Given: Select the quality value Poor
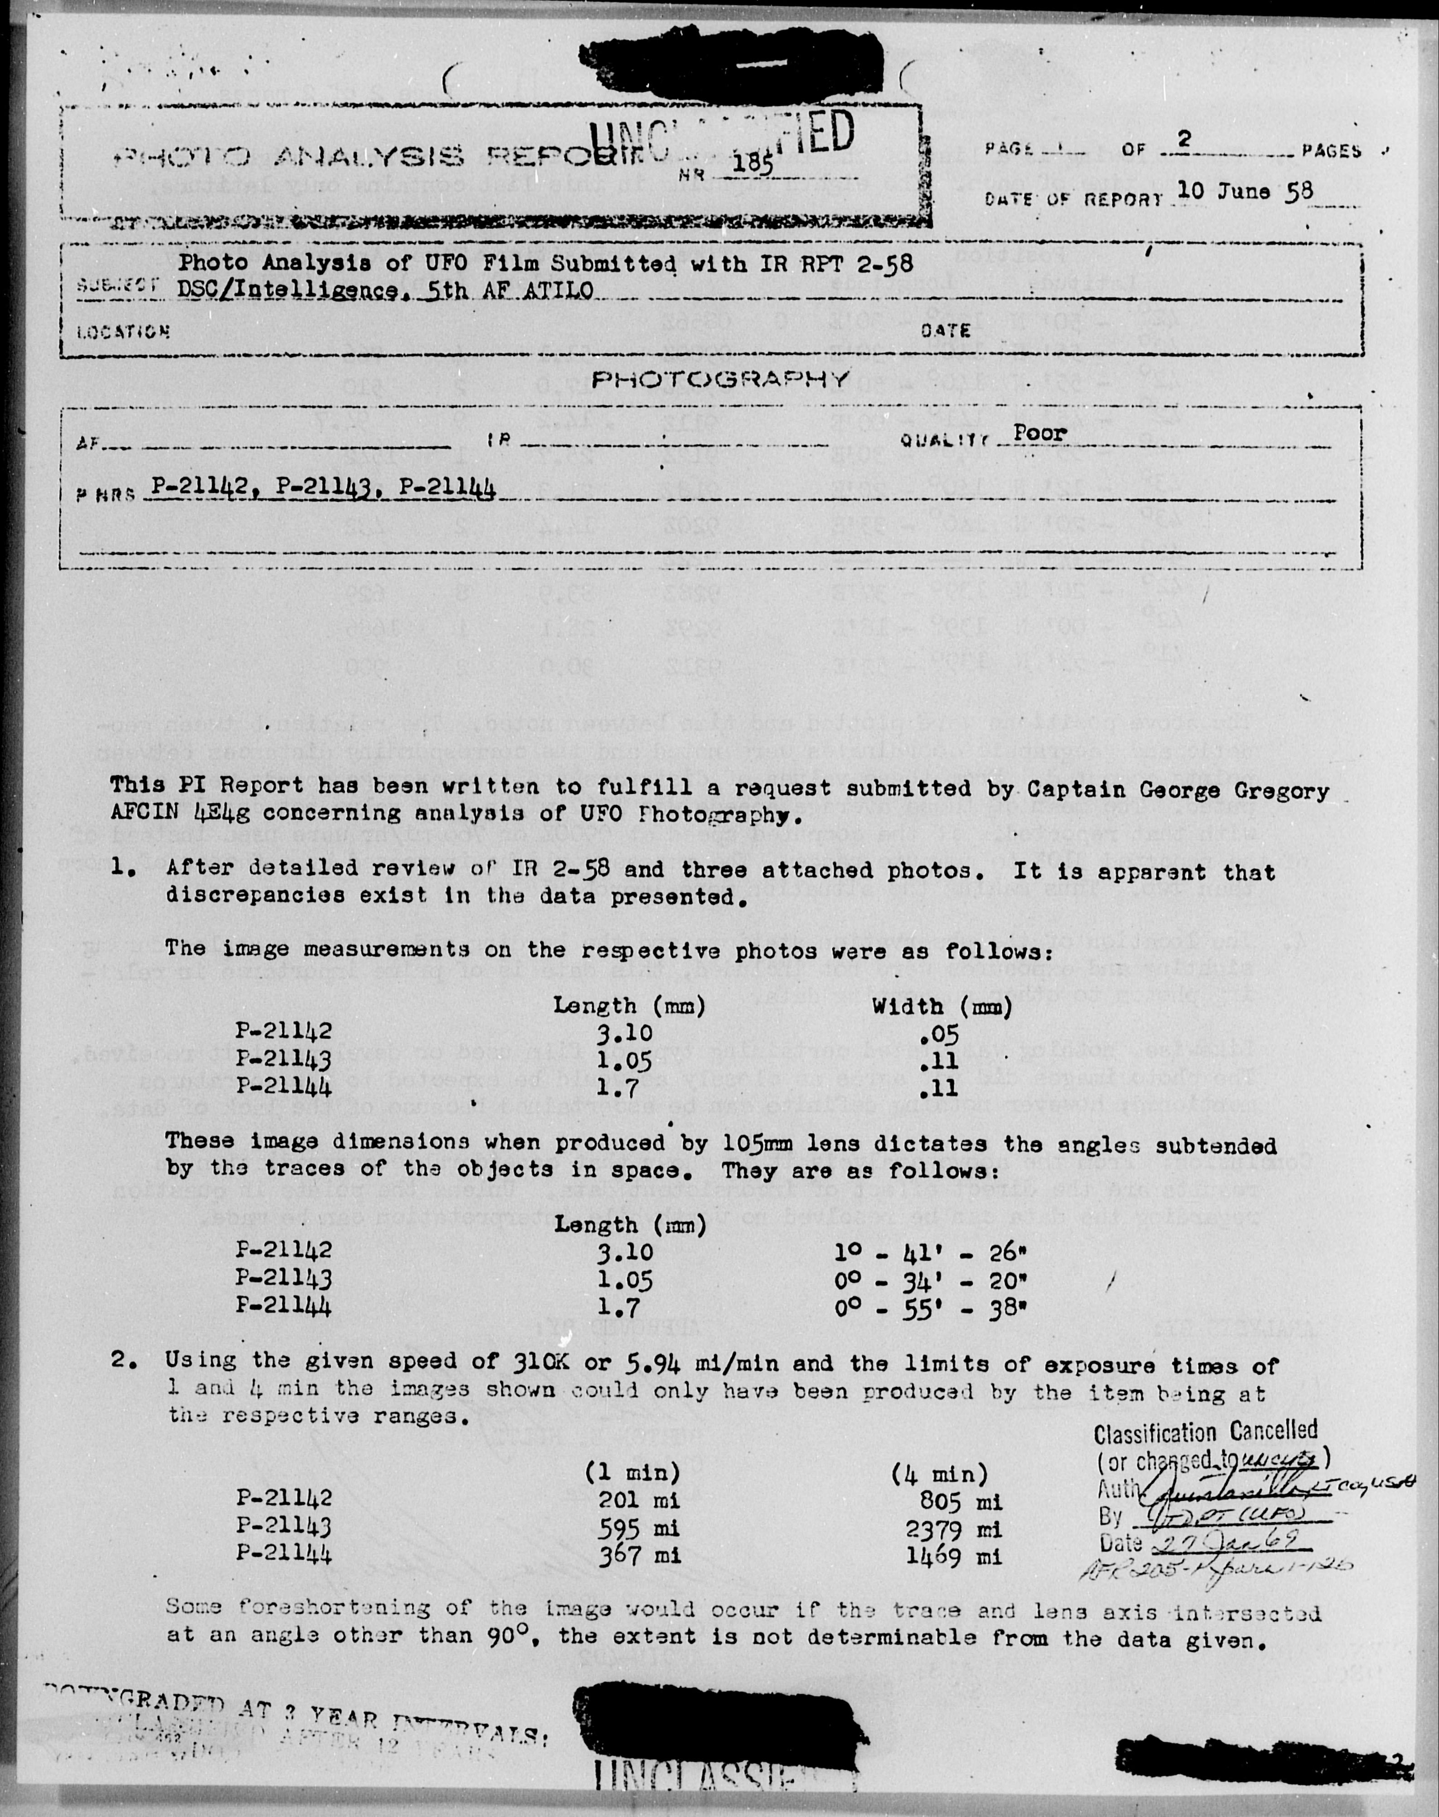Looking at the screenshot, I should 1040,433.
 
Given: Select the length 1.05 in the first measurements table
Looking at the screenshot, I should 624,1061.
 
